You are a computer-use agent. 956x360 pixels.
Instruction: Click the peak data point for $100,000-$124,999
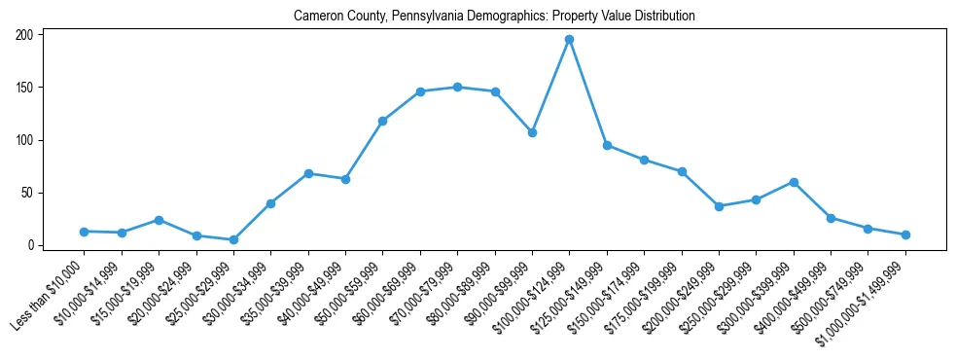pyautogui.click(x=569, y=40)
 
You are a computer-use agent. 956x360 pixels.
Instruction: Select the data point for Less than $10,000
pyautogui.click(x=84, y=232)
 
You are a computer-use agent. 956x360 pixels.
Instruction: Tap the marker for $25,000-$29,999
pyautogui.click(x=233, y=239)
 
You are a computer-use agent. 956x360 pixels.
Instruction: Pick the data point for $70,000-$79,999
pyautogui.click(x=457, y=87)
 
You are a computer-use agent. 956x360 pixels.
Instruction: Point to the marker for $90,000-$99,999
pyautogui.click(x=532, y=132)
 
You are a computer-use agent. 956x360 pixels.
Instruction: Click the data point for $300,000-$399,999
pyautogui.click(x=794, y=182)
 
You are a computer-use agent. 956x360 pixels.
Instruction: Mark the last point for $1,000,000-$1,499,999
pyautogui.click(x=905, y=234)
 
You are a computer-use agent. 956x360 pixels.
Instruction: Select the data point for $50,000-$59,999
pyautogui.click(x=382, y=121)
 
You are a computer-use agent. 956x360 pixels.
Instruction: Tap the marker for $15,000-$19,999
pyautogui.click(x=159, y=220)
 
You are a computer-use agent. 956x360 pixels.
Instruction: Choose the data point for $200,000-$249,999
pyautogui.click(x=719, y=206)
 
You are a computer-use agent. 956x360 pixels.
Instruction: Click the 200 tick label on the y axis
pyautogui.click(x=25, y=35)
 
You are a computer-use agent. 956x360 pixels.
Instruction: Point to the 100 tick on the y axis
pyautogui.click(x=25, y=140)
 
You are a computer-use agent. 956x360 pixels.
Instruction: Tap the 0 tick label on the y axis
pyautogui.click(x=31, y=245)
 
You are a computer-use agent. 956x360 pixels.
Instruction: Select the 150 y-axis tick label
pyautogui.click(x=25, y=88)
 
